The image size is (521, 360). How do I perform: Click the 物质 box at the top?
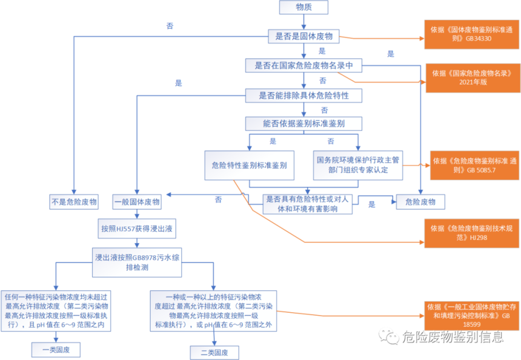(x=304, y=7)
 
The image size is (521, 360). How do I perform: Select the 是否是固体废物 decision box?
(x=304, y=36)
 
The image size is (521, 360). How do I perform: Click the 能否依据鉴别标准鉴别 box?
(x=304, y=124)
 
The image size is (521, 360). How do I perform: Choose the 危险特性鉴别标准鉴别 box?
(x=249, y=165)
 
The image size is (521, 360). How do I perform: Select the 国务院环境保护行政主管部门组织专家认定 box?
(x=358, y=165)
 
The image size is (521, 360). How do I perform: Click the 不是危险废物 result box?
(x=73, y=202)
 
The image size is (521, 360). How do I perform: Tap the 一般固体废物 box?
(x=138, y=202)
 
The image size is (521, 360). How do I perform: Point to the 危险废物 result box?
(x=420, y=202)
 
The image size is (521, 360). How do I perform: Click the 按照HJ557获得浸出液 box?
(x=138, y=229)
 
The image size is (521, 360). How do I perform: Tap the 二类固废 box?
(x=214, y=353)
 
